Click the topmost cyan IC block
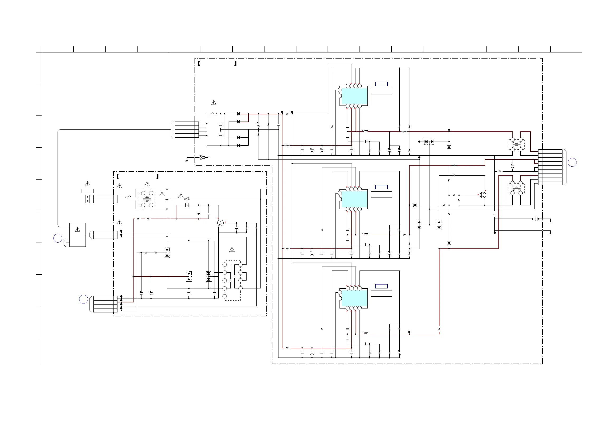pos(354,96)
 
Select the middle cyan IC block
pos(354,199)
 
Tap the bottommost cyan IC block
pos(354,298)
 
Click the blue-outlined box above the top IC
pos(381,84)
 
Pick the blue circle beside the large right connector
pos(572,162)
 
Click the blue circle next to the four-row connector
pos(84,299)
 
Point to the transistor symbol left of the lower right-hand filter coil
pos(483,195)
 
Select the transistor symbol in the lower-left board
pos(220,223)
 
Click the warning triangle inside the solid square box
pos(78,230)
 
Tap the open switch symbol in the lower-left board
pos(187,199)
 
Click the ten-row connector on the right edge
pos(550,167)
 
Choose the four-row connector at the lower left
pos(105,304)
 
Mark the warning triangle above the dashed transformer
pos(232,250)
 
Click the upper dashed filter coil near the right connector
pos(517,145)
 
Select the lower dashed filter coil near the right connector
pos(517,188)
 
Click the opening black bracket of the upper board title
pos(199,64)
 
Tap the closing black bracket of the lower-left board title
pos(158,176)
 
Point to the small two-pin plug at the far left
pos(88,199)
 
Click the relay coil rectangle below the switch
pos(187,205)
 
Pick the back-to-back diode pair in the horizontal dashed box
pos(429,142)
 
